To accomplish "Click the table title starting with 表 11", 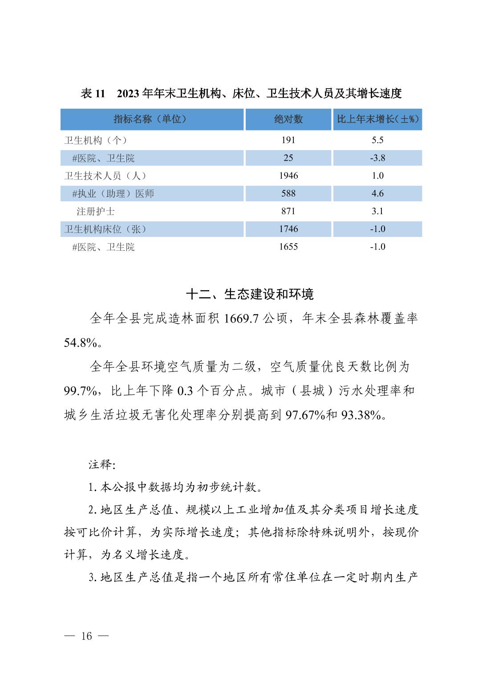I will (x=241, y=94).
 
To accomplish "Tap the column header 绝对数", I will (x=288, y=119).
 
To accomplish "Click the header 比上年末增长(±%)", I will (x=377, y=119).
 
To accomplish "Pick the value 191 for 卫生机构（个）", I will (x=288, y=140).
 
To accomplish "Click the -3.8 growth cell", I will (x=377, y=158).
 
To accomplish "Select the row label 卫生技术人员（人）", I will (x=105, y=176).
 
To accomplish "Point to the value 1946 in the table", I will (x=288, y=176).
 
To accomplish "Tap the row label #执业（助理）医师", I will (x=113, y=194).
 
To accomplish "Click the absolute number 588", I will (x=288, y=194).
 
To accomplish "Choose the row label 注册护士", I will (x=95, y=212).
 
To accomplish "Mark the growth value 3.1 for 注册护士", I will (x=377, y=212).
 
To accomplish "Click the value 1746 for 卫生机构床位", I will (x=288, y=229).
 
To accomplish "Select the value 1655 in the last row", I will (x=288, y=247).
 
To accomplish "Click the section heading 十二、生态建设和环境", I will (x=250, y=294).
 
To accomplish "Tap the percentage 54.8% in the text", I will (x=81, y=343).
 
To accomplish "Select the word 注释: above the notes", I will (x=102, y=465).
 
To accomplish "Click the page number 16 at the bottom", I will (x=87, y=636).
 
